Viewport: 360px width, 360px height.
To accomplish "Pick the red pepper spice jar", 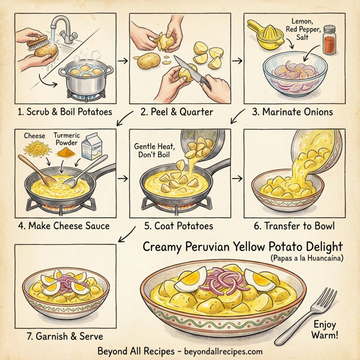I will point(329,41).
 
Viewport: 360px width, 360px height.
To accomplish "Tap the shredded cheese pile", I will point(34,148).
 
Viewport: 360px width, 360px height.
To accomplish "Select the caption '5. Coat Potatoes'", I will point(178,226).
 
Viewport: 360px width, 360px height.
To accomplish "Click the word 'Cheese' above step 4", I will point(34,136).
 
